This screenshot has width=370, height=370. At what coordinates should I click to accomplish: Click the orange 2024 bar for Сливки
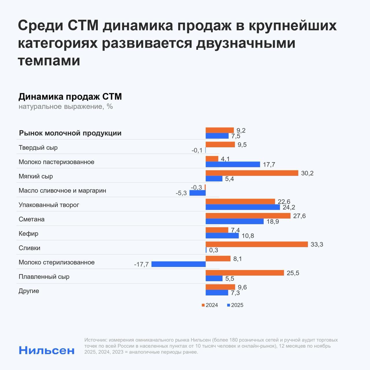[x=257, y=245]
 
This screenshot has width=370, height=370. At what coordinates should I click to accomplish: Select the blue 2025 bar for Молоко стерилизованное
[x=179, y=264]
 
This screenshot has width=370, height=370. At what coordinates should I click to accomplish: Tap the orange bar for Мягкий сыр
[x=252, y=173]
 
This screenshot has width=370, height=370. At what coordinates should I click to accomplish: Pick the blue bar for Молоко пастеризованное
[x=233, y=164]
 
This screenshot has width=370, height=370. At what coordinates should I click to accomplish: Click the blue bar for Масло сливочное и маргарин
[x=197, y=193]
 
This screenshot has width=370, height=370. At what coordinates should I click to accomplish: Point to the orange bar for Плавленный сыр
[x=245, y=273]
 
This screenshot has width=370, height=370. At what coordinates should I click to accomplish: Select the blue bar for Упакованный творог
[x=243, y=207]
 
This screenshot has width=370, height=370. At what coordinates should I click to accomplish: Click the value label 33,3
[x=317, y=245]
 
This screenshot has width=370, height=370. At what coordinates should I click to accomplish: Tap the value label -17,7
[x=141, y=264]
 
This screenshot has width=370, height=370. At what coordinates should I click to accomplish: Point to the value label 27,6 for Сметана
[x=299, y=216]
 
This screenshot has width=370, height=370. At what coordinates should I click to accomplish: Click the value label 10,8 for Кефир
[x=248, y=236]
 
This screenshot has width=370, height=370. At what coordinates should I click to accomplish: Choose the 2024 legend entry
[x=210, y=305]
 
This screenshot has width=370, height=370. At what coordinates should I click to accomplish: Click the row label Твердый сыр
[x=38, y=148]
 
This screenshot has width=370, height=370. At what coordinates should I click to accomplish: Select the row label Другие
[x=29, y=291]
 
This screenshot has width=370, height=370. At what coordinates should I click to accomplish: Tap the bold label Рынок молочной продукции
[x=70, y=133]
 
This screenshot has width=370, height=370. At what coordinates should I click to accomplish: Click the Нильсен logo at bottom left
[x=47, y=350]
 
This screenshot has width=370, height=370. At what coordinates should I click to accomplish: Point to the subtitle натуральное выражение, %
[x=66, y=106]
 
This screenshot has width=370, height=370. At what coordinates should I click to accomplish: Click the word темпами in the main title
[x=49, y=61]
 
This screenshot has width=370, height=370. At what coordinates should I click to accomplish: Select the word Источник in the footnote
[x=95, y=340]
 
